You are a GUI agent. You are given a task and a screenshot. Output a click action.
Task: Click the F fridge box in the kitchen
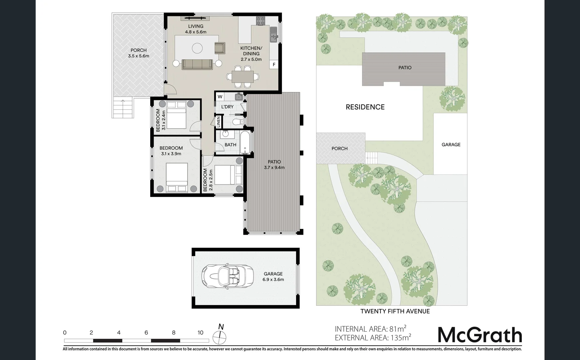point(274,65)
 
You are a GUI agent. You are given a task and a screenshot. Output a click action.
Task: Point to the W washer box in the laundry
point(220,97)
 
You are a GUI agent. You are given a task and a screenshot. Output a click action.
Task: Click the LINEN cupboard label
point(219,122)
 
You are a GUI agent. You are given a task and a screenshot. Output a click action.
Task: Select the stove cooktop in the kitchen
point(261,21)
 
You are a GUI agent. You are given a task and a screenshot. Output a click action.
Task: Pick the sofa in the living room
point(197,64)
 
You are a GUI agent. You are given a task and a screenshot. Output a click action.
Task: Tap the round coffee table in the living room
point(197,49)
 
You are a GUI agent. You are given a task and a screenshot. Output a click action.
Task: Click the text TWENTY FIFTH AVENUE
point(395,311)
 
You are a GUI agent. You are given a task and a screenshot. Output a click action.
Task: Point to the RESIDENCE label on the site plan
point(365,107)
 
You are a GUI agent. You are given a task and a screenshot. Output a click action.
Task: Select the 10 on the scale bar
point(200,332)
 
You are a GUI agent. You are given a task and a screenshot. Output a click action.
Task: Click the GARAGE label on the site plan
point(451,145)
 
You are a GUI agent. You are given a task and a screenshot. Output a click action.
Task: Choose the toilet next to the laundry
point(237,122)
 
